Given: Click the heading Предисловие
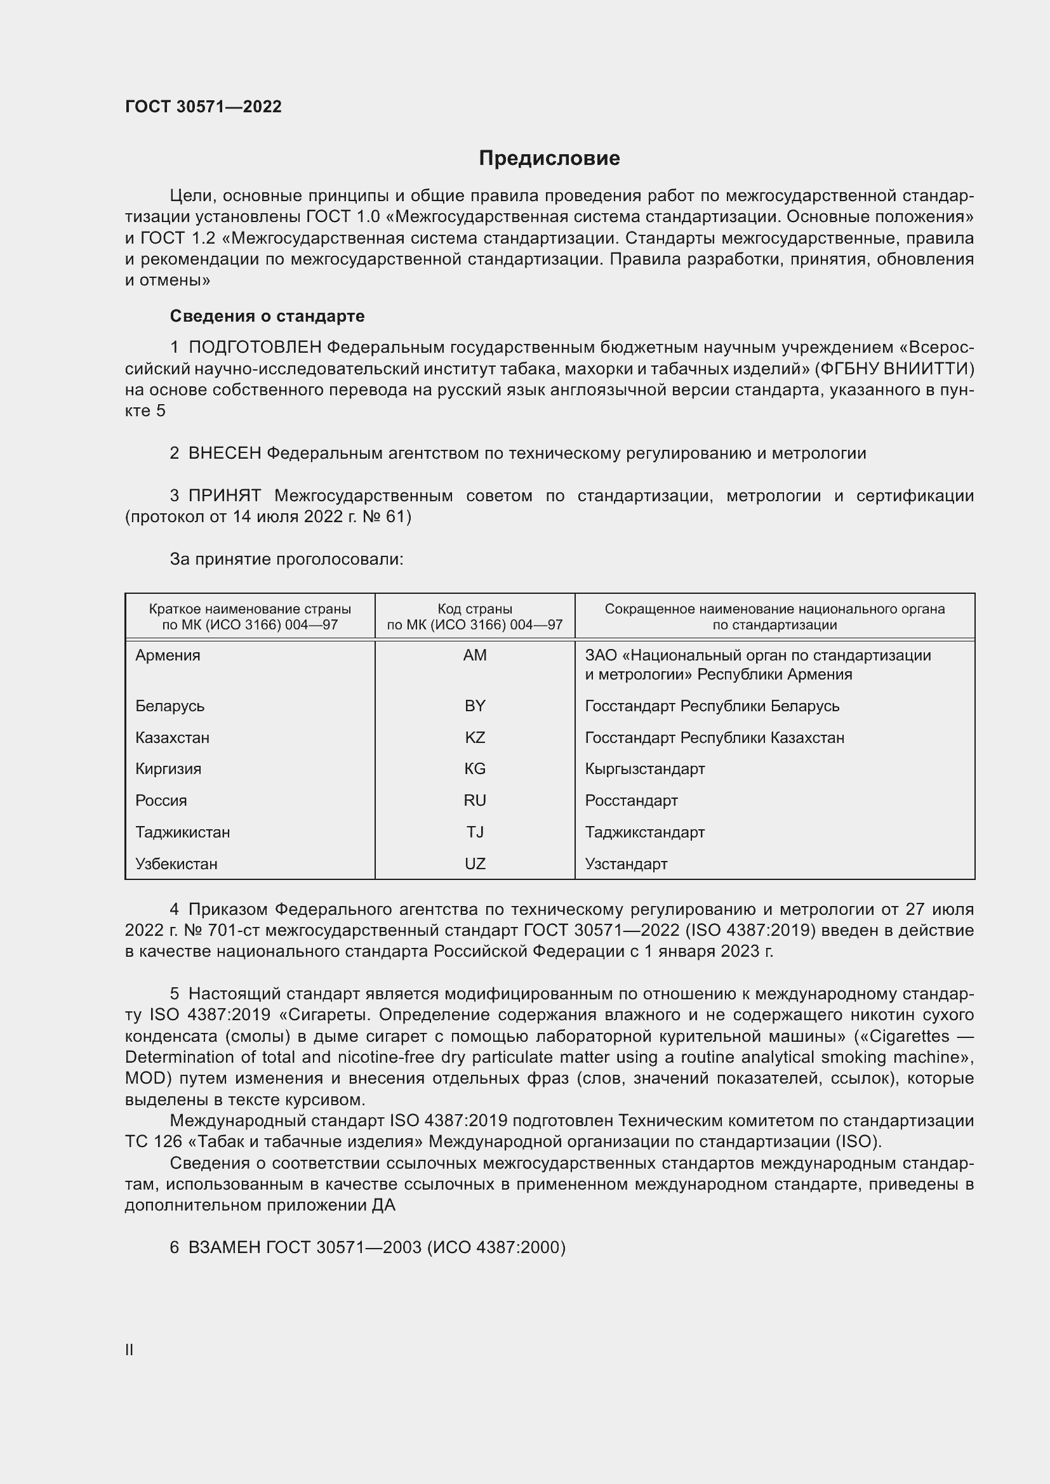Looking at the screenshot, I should point(549,159).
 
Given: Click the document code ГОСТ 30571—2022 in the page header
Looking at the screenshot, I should point(203,107).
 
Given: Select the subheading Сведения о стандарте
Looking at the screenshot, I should point(267,316).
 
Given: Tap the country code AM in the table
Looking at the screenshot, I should point(475,655).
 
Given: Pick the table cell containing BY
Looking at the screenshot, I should point(475,706).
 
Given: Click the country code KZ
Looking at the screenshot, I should point(475,737).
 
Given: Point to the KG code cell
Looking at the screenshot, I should point(475,768).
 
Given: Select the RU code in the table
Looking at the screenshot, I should point(475,800).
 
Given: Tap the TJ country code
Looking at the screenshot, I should point(475,832).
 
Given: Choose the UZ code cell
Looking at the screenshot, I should point(475,863).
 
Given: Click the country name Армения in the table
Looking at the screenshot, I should point(168,655).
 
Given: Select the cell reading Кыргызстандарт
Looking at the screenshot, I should point(644,768).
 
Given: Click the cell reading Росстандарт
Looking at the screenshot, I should point(631,800).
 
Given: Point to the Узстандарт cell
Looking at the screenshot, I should point(626,863).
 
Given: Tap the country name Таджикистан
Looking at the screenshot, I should point(182,832).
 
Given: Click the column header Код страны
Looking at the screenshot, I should point(475,609).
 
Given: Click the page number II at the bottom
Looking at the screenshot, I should point(130,1349).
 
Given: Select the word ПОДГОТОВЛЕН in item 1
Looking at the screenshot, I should point(255,348).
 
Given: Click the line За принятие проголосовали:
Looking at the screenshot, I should point(286,559).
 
